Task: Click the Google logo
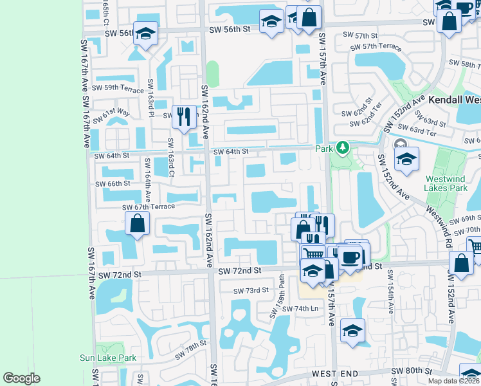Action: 21,378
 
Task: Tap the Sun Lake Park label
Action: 108,358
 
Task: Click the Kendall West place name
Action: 454,100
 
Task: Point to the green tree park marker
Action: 343,149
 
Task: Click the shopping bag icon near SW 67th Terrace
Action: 137,223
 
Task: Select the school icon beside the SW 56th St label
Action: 146,33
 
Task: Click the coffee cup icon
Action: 350,257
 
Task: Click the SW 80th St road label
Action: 409,371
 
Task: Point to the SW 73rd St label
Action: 251,291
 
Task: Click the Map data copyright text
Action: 453,381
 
